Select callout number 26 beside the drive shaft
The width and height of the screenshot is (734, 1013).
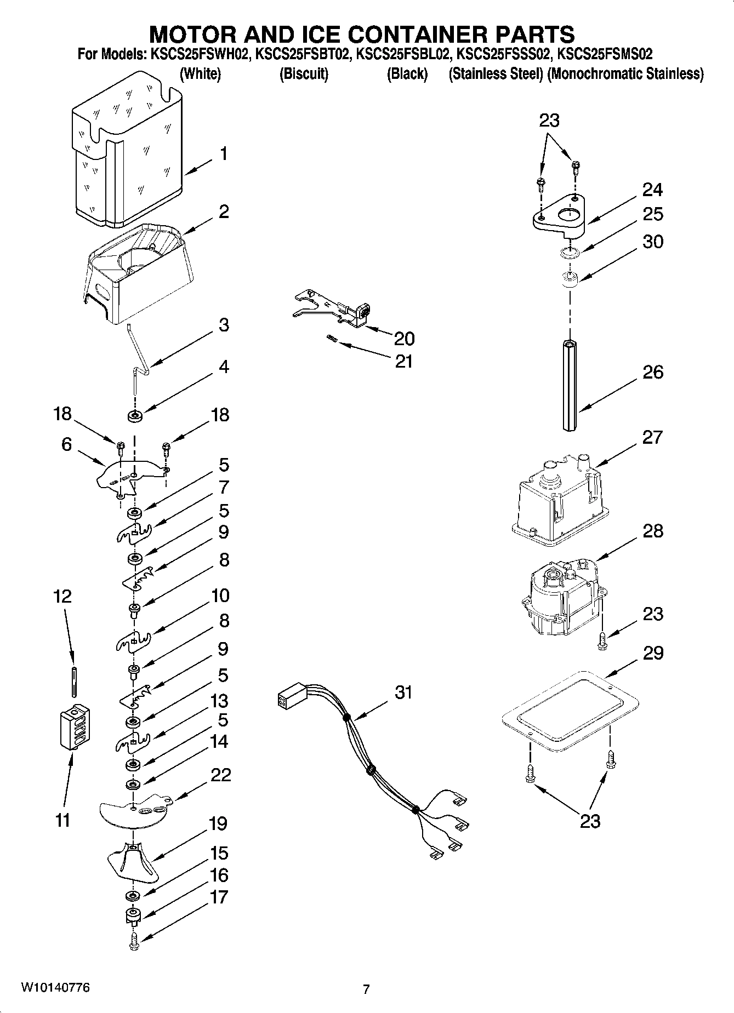tap(652, 373)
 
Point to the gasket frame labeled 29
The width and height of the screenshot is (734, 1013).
tap(570, 712)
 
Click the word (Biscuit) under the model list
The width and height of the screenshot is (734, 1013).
tap(304, 74)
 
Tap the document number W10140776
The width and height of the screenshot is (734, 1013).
tap(55, 987)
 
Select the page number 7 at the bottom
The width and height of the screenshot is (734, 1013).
tap(366, 989)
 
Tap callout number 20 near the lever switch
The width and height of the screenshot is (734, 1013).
tap(404, 339)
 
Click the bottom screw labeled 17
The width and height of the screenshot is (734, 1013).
tap(134, 941)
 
